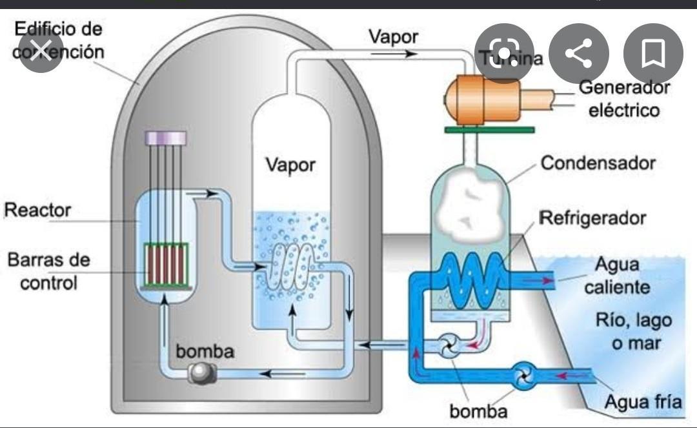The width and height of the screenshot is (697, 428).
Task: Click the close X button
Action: (41, 50)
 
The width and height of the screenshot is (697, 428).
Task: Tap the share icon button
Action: (579, 54)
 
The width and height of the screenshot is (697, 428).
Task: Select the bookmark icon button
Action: (653, 54)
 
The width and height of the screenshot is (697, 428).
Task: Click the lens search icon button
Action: (504, 54)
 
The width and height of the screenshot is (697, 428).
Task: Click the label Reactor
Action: (37, 210)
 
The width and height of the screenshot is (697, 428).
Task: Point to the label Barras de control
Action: (49, 271)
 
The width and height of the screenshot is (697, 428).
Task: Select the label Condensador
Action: (598, 163)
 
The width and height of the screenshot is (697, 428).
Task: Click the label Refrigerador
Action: (592, 218)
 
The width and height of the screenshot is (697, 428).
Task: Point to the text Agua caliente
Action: (617, 276)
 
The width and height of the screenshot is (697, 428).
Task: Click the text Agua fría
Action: (643, 402)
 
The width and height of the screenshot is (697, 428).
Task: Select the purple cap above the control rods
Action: (166, 138)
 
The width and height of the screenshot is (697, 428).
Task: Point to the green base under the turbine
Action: (489, 130)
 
